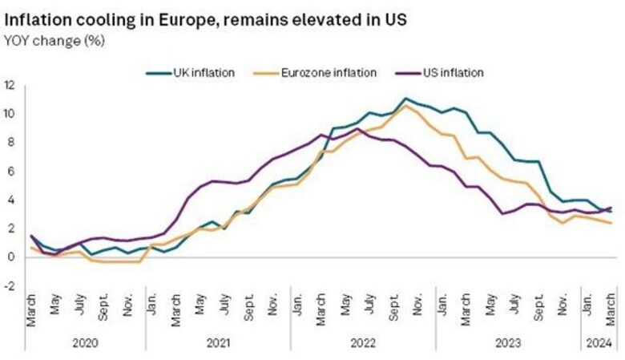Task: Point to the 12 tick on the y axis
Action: pos(10,84)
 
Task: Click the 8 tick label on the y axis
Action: pos(10,142)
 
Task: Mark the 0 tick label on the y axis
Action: pos(10,257)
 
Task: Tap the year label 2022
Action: pos(362,342)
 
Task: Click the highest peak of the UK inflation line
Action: pos(406,99)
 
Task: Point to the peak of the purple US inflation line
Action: pos(358,128)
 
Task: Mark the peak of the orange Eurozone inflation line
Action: pos(406,104)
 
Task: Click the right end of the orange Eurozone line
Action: pos(612,223)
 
